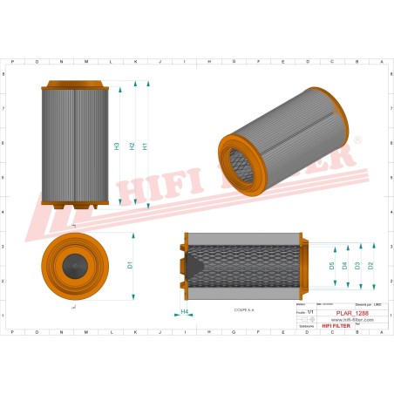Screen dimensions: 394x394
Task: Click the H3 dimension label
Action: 117,146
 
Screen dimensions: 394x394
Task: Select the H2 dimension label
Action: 131,146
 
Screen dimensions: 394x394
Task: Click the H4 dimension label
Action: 184,311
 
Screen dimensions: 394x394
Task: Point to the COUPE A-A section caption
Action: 245,309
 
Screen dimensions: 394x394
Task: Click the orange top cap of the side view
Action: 74,85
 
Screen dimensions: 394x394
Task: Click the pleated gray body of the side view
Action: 74,144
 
